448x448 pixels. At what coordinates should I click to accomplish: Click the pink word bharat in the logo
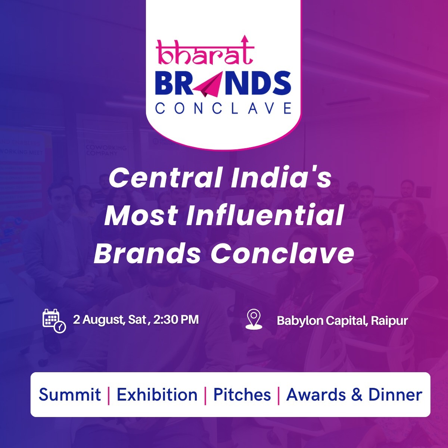[x=205, y=52]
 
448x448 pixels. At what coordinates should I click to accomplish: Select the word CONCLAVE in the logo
[x=223, y=108]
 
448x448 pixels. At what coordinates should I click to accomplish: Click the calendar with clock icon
[x=54, y=321]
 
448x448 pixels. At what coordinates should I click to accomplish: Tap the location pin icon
[x=254, y=319]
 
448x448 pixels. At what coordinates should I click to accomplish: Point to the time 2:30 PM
[x=176, y=320]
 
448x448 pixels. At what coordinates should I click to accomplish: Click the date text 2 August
[x=98, y=320]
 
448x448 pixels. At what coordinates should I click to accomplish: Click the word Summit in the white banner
[x=69, y=395]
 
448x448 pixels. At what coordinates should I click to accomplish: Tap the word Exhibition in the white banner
[x=157, y=395]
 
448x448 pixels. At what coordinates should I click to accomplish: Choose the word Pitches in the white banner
[x=242, y=395]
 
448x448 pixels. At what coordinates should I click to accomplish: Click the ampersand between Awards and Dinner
[x=357, y=395]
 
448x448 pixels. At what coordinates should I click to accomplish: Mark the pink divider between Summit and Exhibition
[x=109, y=395]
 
